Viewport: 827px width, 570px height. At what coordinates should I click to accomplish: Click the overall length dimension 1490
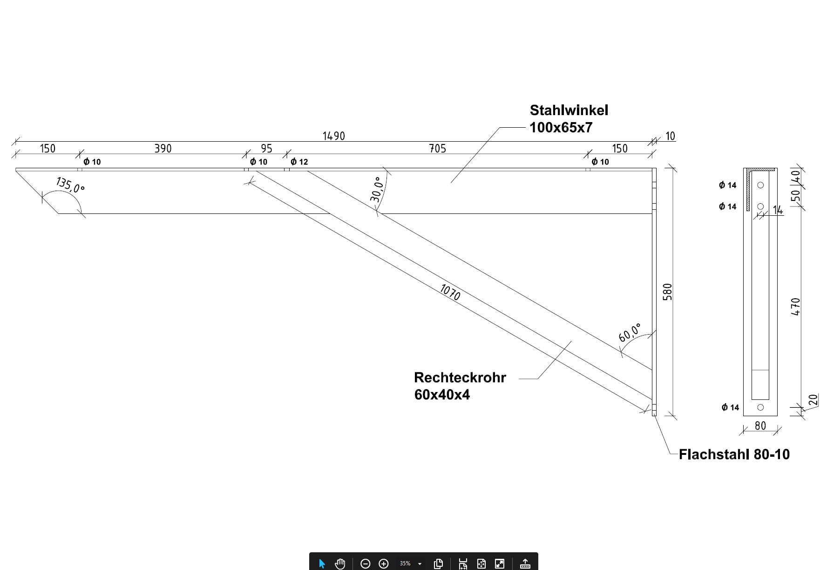333,136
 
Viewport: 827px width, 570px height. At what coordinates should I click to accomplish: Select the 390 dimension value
163,149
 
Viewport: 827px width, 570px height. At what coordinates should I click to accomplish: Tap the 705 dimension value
437,149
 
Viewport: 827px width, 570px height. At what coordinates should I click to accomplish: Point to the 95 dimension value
266,149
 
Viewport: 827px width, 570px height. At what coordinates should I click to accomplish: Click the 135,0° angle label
70,185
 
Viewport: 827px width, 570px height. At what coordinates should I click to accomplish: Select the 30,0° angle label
378,189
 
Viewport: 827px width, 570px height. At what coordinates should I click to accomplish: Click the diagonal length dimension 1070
450,292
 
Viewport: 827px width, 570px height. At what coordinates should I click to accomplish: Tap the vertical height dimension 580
667,292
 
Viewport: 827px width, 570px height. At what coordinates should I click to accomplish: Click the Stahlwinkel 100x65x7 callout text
569,119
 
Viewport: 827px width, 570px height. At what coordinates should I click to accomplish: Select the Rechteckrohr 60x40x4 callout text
460,386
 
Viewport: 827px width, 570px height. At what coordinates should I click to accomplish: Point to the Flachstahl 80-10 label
734,454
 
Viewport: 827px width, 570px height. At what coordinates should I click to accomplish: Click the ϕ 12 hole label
299,162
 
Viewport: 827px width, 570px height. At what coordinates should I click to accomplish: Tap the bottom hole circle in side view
760,407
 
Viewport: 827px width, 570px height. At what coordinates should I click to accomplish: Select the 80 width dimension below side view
760,426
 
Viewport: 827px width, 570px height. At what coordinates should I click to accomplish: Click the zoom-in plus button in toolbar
384,564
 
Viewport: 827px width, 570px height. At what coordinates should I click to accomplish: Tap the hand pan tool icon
340,564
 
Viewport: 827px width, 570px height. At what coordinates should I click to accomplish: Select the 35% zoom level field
405,564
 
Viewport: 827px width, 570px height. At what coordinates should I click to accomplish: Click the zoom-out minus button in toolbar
366,564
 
